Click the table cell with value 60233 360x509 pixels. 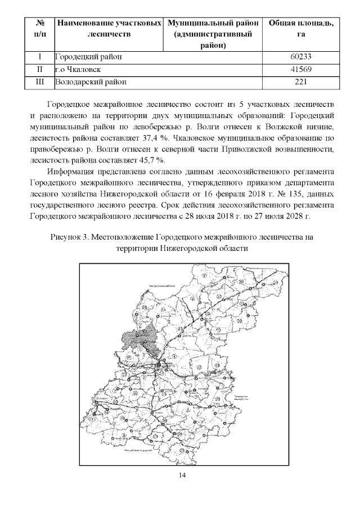pos(301,57)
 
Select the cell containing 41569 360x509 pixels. pos(301,69)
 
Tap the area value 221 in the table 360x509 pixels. pos(301,82)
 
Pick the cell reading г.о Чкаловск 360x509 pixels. pos(79,69)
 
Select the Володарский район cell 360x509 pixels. pos(91,82)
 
